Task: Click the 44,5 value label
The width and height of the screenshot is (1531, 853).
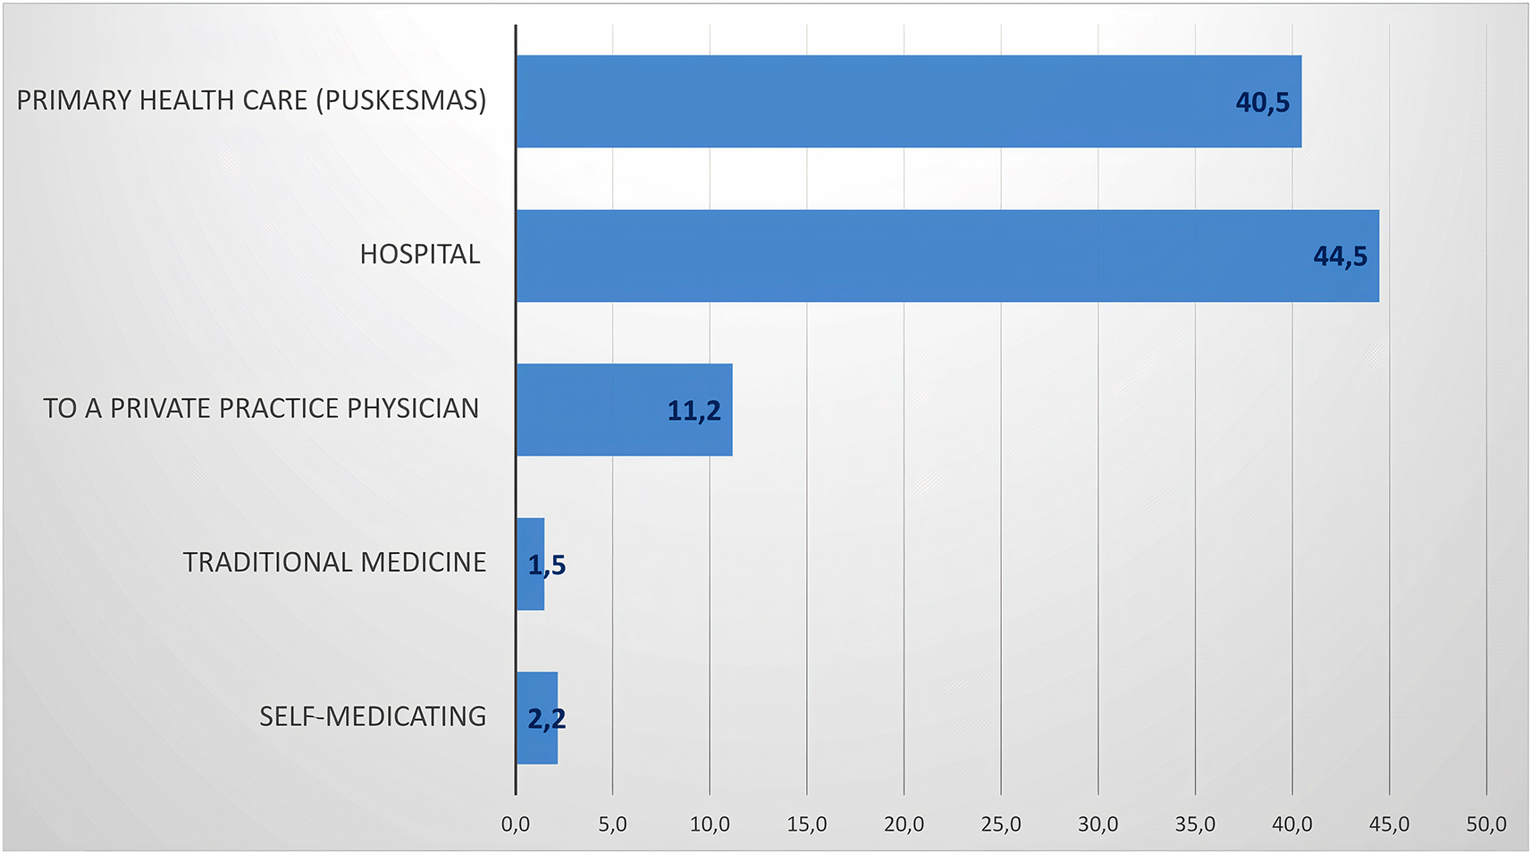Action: [1340, 257]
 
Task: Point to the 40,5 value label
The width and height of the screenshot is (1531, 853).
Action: [1262, 103]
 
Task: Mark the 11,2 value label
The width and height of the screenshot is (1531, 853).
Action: [694, 411]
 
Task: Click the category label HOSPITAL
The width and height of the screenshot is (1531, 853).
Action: [420, 255]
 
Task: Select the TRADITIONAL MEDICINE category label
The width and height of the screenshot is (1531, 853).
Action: [334, 563]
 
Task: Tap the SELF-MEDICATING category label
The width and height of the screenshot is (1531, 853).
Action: [373, 716]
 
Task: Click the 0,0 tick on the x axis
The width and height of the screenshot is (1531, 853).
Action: [516, 824]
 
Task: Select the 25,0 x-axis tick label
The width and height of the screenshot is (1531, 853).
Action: [1001, 824]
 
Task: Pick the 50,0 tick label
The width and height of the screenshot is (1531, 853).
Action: [1486, 824]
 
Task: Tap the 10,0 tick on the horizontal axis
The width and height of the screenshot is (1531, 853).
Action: [710, 824]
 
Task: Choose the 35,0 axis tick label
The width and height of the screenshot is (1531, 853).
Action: [1195, 824]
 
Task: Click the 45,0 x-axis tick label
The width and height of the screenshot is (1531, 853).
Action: [1389, 824]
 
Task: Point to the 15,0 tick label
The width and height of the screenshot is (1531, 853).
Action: [807, 824]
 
